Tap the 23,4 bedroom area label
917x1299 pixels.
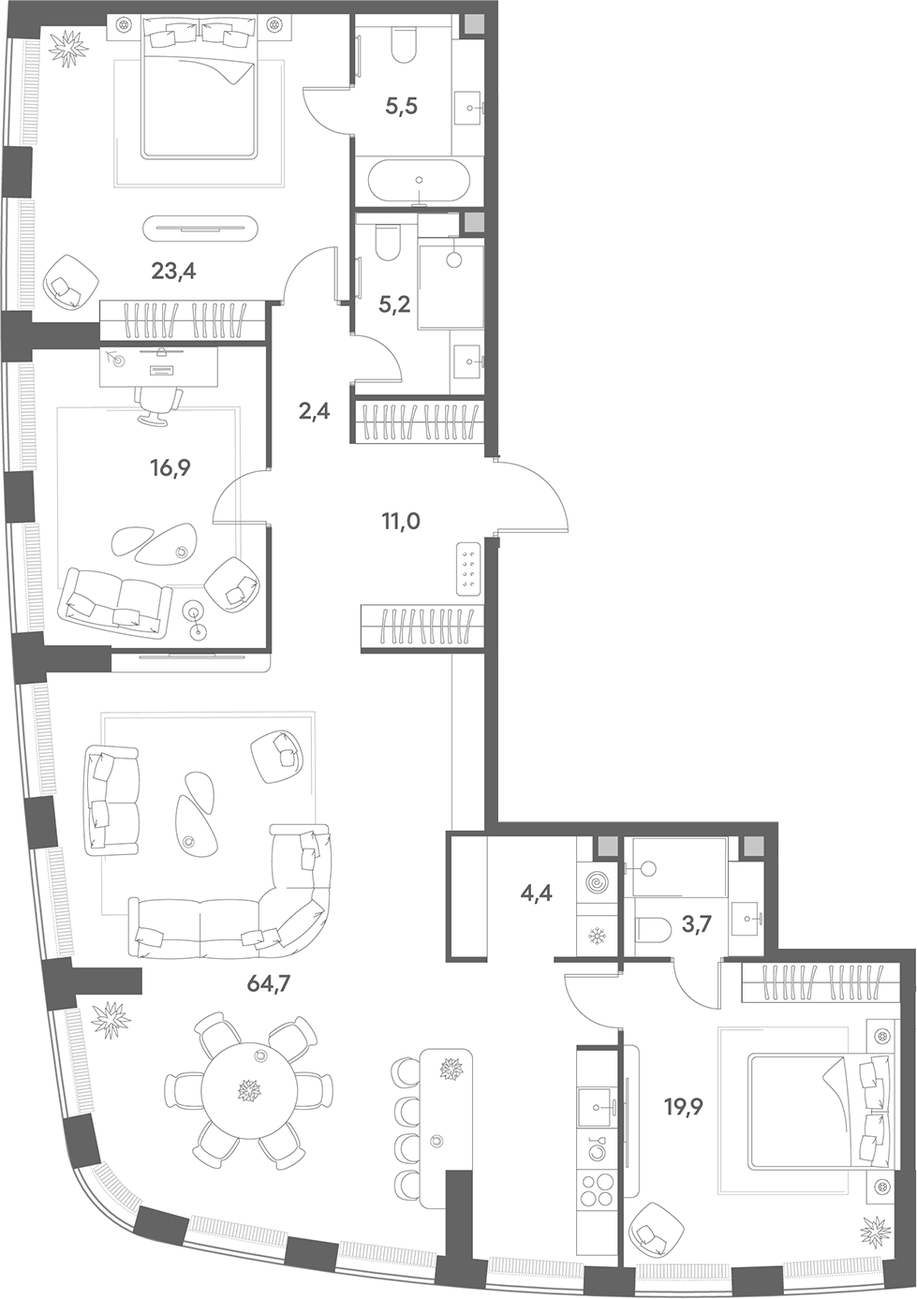[173, 271]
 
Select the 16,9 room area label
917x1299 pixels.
[170, 466]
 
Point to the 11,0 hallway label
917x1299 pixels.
[400, 522]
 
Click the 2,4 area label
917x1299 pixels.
[316, 412]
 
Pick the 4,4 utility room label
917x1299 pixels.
[537, 893]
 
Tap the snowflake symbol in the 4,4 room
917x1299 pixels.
[597, 935]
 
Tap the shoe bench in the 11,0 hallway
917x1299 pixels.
[469, 568]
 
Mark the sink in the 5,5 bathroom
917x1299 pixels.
[468, 108]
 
